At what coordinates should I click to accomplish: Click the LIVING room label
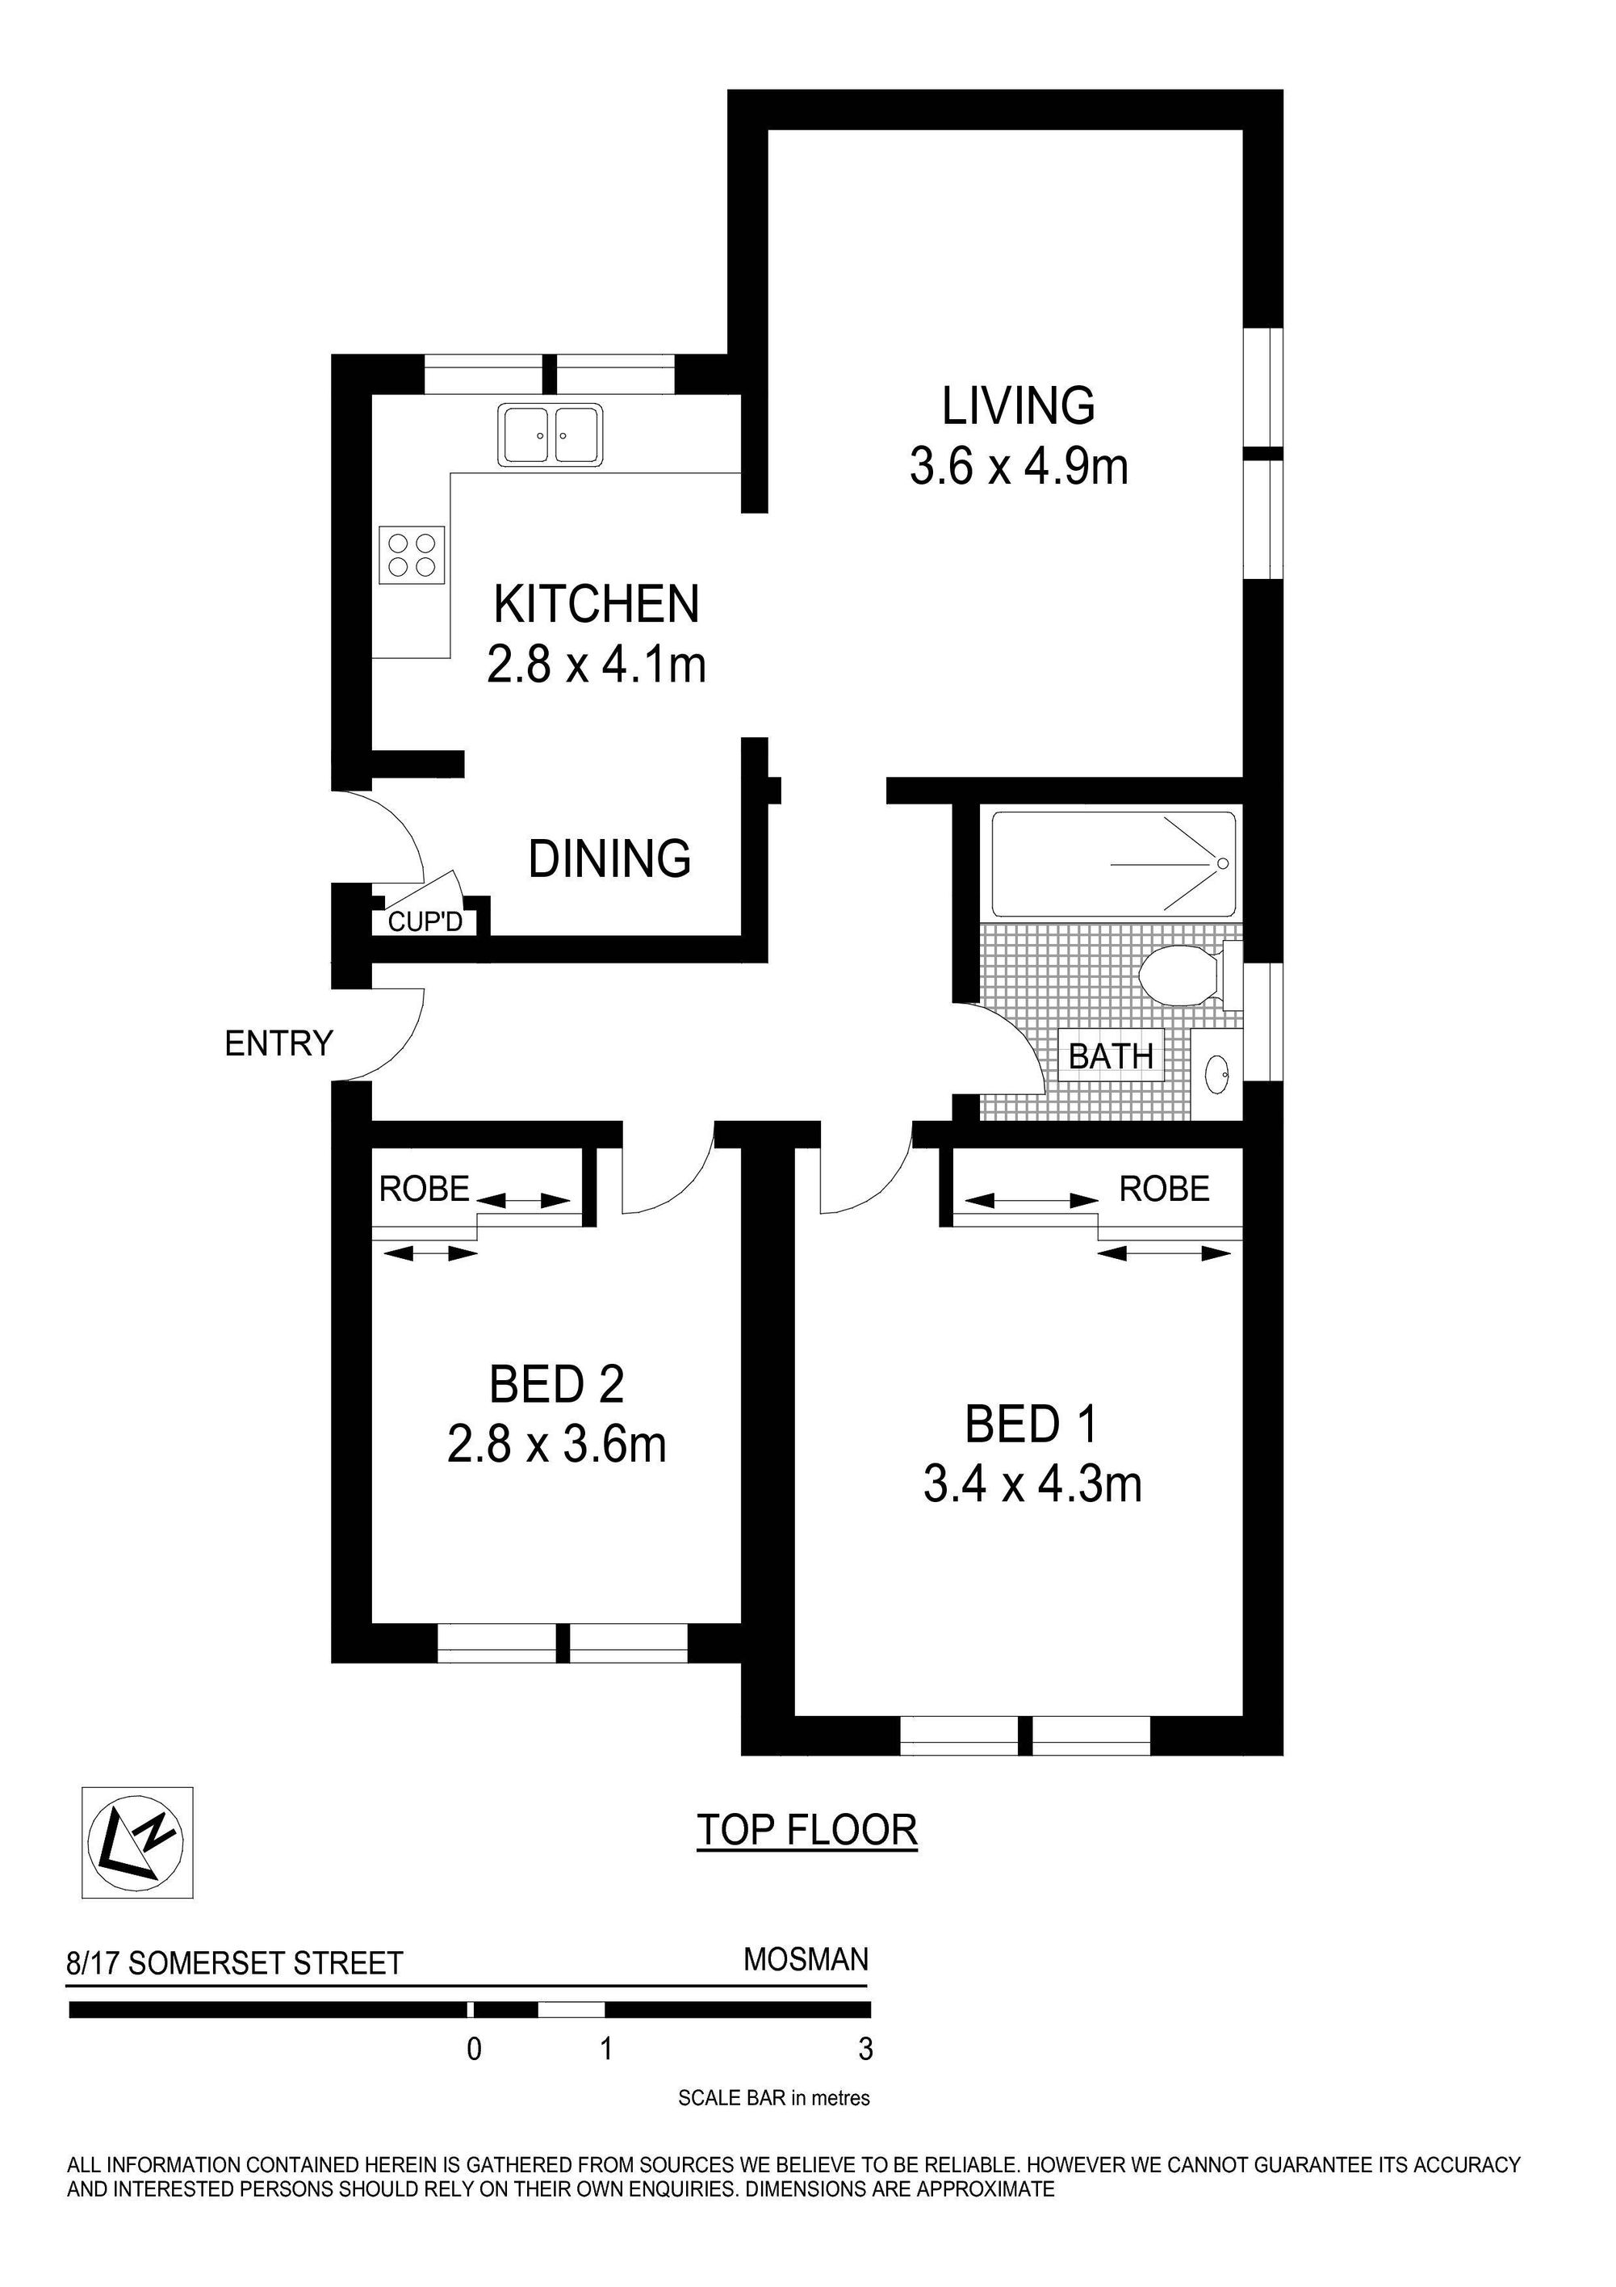tap(1018, 405)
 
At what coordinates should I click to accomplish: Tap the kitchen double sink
tap(551, 434)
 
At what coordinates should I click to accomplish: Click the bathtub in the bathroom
tap(1114, 863)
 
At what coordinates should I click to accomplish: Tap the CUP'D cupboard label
tap(425, 921)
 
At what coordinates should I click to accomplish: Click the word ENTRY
tap(278, 1044)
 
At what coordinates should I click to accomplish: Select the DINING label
tap(609, 858)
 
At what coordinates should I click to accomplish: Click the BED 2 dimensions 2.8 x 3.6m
tap(557, 1446)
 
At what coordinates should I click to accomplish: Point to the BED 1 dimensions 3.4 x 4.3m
tap(1032, 1486)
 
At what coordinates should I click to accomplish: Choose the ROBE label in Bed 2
tap(424, 1189)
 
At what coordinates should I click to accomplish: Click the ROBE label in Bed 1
tap(1164, 1189)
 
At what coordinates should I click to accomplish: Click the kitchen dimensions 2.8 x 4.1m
tap(597, 665)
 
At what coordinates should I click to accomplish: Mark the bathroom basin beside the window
tap(1216, 1072)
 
